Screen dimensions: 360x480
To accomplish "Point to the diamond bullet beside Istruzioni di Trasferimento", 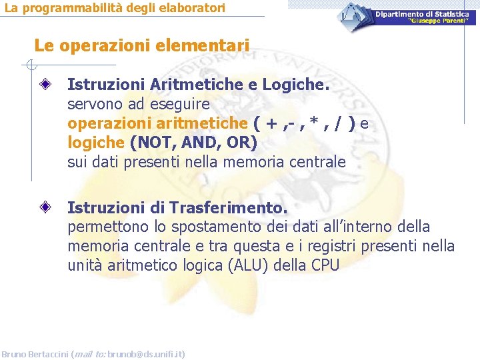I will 45,207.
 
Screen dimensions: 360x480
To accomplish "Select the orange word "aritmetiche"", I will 207,123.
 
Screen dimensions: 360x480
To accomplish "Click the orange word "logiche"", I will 96,143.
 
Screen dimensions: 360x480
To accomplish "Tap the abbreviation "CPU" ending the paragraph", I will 325,265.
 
